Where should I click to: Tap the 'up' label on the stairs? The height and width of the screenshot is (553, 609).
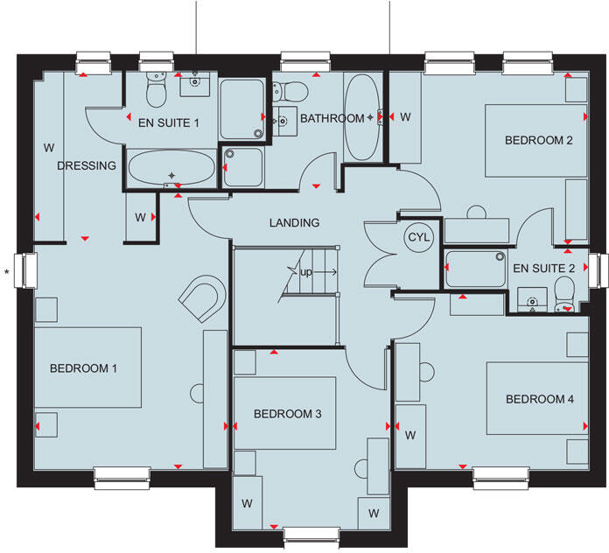click(x=306, y=273)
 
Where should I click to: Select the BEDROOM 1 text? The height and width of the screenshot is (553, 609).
click(x=83, y=368)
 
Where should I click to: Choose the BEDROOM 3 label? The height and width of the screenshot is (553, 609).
click(x=282, y=414)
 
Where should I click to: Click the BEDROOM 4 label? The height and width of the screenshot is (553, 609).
click(x=540, y=399)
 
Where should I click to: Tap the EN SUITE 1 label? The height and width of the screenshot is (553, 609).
click(x=170, y=122)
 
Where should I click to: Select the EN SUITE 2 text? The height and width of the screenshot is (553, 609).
click(x=543, y=268)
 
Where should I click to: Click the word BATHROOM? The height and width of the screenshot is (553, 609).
click(x=332, y=118)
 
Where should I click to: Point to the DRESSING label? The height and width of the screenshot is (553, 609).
click(x=87, y=165)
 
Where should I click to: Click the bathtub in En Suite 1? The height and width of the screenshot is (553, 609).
click(x=171, y=168)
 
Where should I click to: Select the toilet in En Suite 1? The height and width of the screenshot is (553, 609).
click(x=156, y=88)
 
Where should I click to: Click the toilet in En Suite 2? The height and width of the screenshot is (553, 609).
click(x=563, y=290)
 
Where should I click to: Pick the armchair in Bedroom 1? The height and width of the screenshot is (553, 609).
click(x=200, y=297)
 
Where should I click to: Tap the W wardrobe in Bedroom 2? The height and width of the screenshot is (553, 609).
click(x=406, y=117)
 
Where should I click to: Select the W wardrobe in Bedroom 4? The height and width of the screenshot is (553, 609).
click(x=409, y=435)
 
